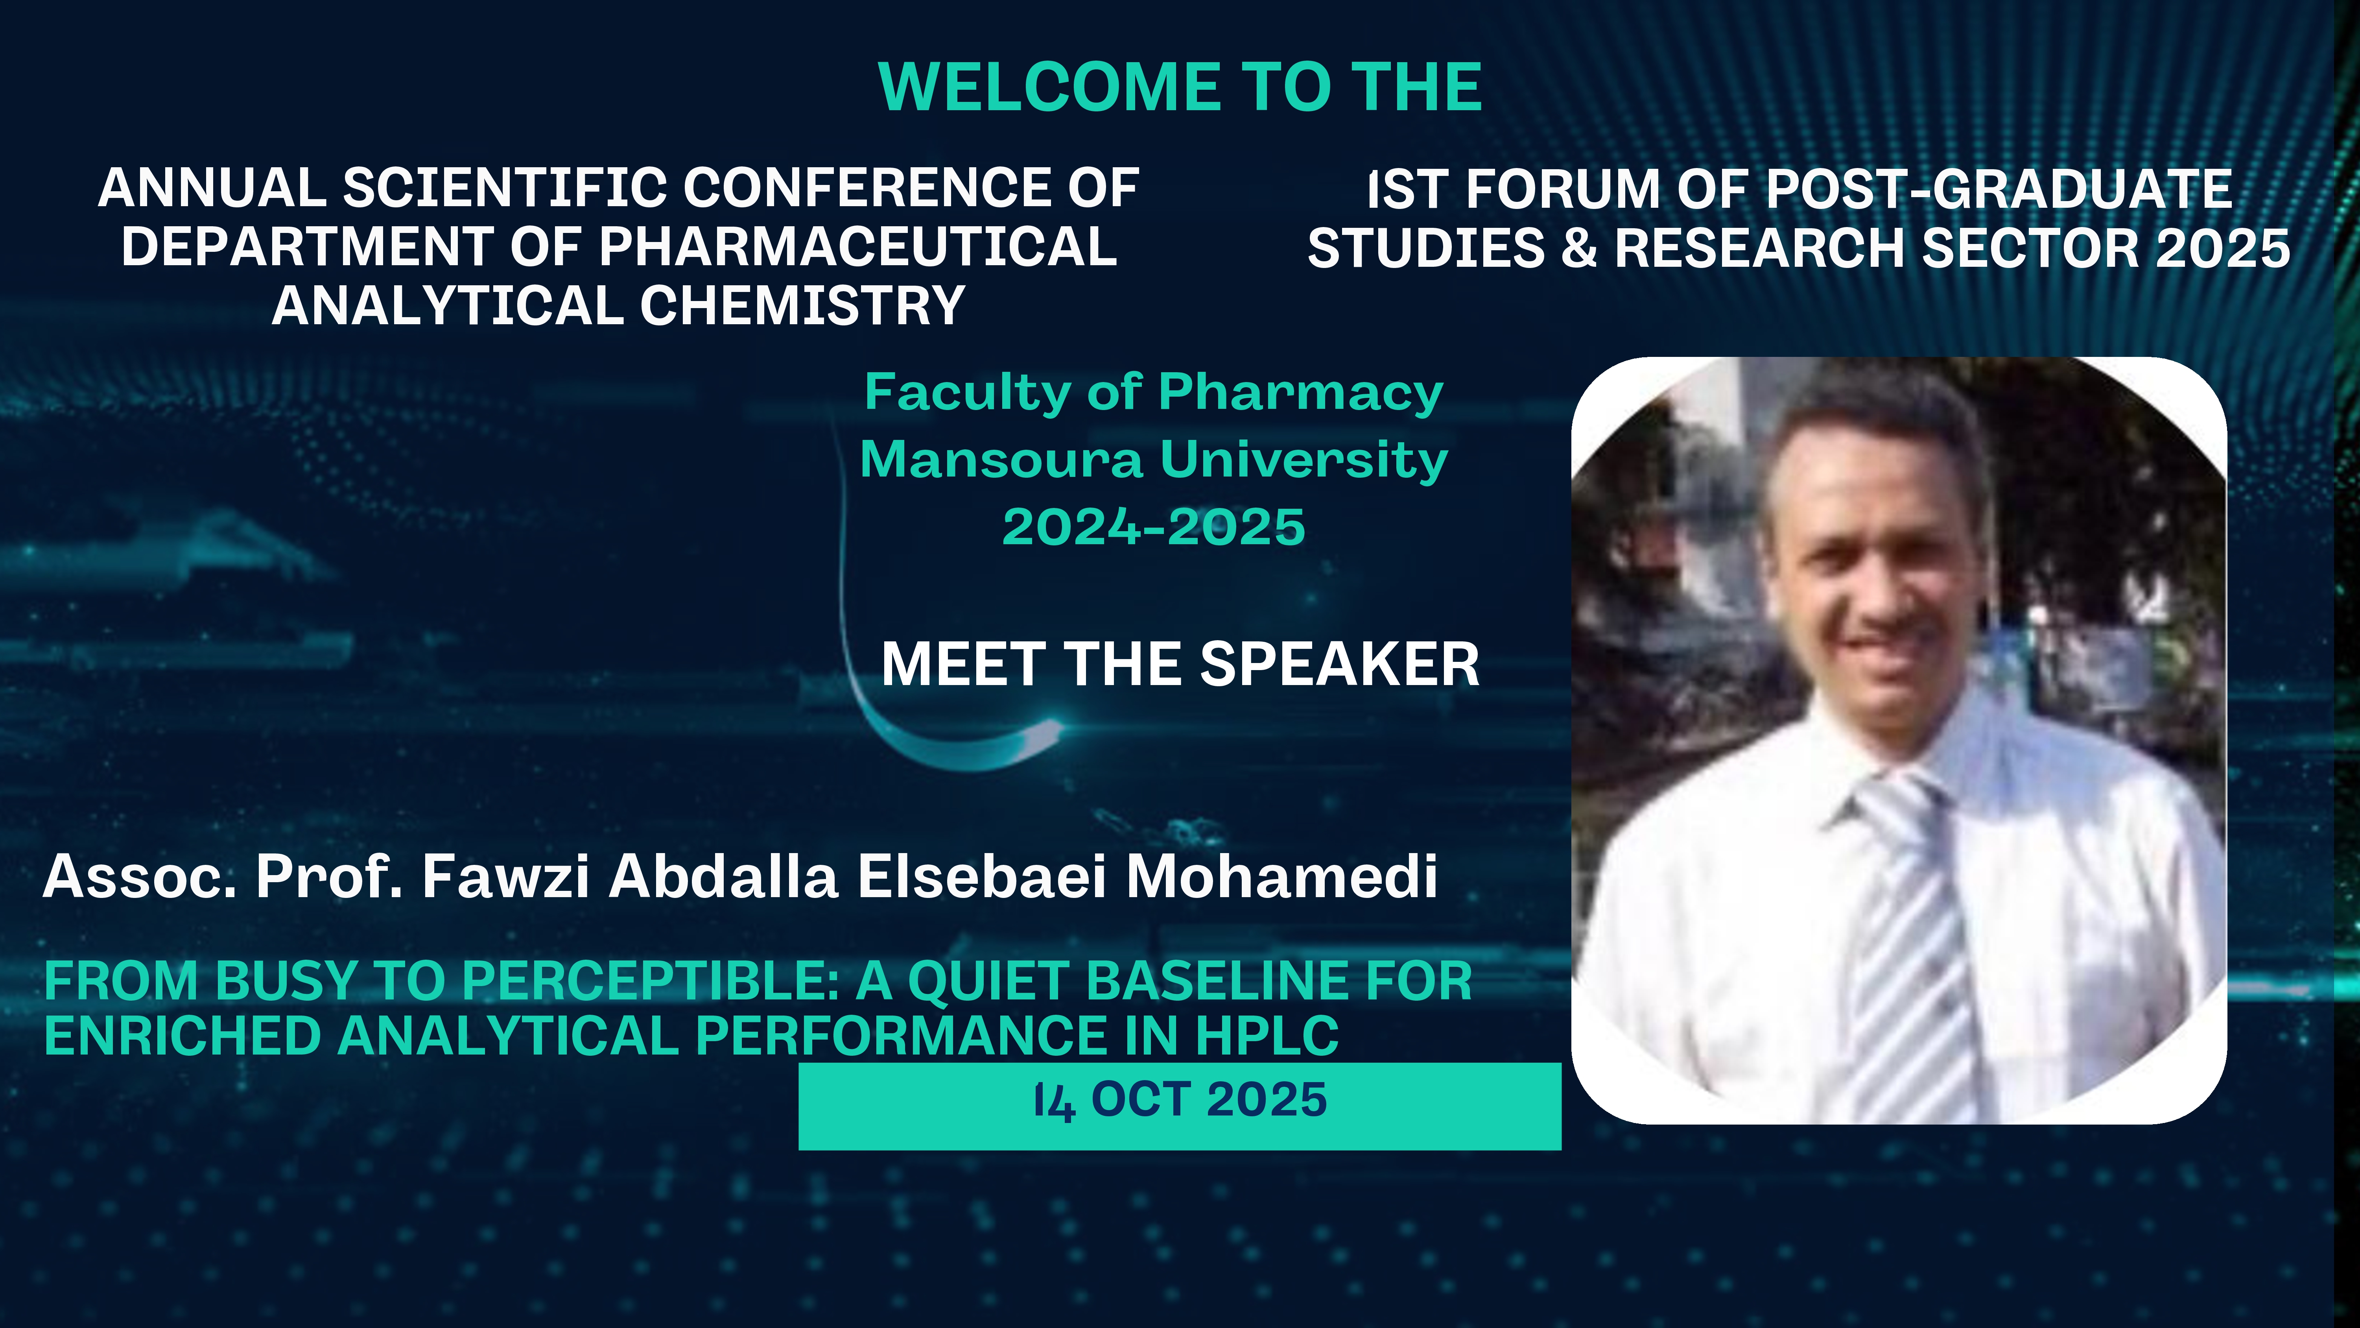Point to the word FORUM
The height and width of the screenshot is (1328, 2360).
tap(1562, 189)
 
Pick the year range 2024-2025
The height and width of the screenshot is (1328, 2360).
tap(1153, 527)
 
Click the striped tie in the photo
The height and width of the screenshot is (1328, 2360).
tap(1910, 944)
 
